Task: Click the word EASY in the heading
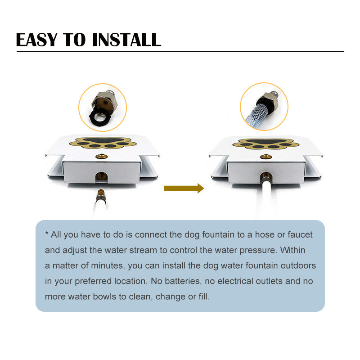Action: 37,40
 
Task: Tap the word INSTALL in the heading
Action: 126,40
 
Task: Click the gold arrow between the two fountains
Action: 184,188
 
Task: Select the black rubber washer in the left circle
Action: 100,117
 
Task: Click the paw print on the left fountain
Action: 103,143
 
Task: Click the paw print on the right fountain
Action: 265,144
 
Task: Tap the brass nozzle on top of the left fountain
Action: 102,157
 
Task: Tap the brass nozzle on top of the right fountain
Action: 266,157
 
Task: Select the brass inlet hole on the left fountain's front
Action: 101,176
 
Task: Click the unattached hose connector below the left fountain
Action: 101,195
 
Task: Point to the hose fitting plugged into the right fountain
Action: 266,177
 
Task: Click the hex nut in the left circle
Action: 105,102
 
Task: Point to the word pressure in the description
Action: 258,250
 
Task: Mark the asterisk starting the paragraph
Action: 47,233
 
